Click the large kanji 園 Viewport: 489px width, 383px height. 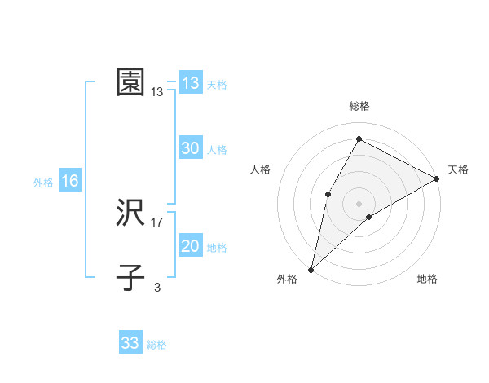(131, 82)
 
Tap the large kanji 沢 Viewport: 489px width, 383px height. (131, 214)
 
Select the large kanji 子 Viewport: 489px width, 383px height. (131, 278)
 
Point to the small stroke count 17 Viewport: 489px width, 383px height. (157, 222)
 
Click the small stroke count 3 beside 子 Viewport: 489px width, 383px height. (156, 287)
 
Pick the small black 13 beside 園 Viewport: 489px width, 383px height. (156, 92)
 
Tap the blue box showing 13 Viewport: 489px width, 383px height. (191, 83)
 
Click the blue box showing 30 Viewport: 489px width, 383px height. (191, 148)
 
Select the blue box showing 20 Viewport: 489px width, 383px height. (191, 246)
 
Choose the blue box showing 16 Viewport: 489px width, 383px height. (70, 181)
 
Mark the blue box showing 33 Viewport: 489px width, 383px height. (130, 343)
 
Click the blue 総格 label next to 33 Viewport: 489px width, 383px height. (156, 345)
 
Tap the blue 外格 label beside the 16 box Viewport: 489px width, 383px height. (43, 183)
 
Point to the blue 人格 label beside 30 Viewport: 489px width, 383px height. (217, 150)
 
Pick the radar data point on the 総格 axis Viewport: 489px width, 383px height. (359, 139)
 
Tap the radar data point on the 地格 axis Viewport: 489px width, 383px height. (369, 217)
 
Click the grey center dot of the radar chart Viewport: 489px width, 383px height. (359, 202)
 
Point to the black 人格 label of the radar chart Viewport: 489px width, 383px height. (261, 169)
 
